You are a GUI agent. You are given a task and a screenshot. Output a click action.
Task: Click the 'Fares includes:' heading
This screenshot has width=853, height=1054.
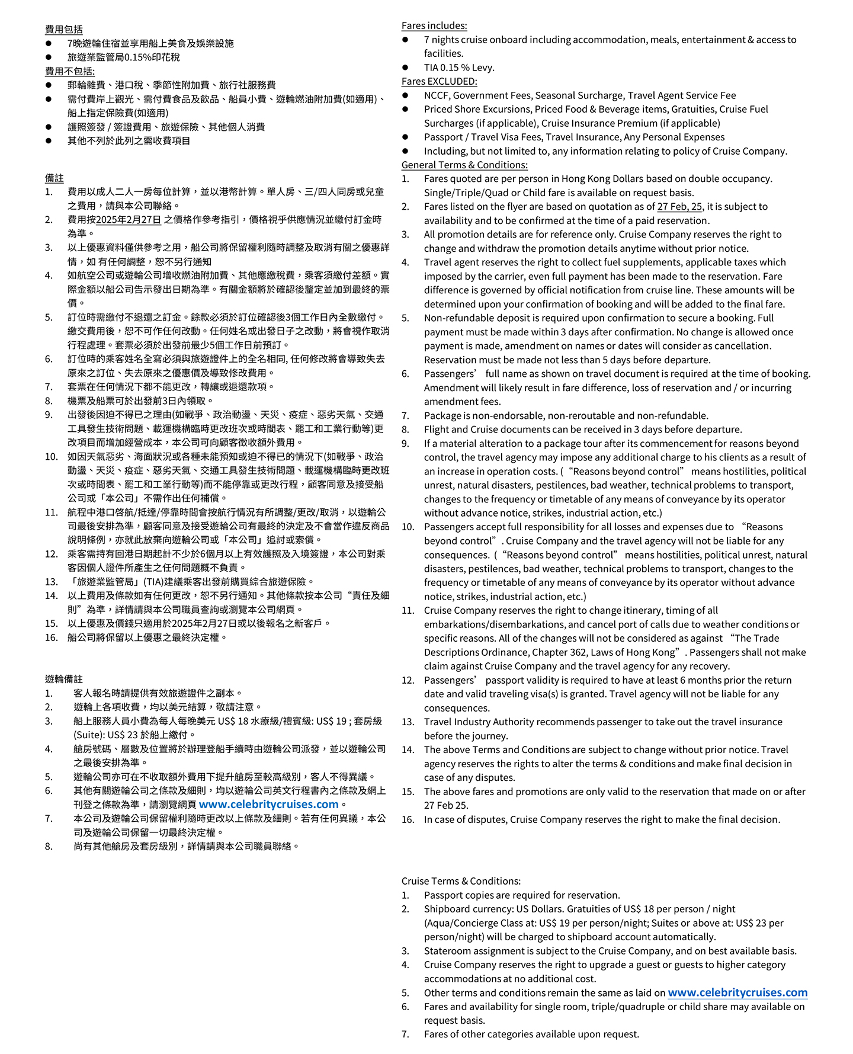click(434, 25)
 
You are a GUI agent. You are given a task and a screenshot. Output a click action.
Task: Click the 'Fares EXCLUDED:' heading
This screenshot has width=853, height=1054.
click(439, 81)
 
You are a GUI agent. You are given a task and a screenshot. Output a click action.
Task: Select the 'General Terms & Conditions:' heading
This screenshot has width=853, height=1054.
click(464, 165)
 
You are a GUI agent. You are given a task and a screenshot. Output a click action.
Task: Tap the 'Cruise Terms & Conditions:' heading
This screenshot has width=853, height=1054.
click(461, 881)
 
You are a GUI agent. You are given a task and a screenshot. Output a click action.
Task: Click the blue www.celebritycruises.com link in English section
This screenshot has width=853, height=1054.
click(737, 992)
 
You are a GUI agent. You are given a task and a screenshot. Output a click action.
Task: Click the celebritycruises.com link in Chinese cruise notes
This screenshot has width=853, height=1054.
click(268, 805)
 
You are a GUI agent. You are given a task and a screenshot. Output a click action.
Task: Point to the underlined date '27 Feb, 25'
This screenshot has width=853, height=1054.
click(679, 207)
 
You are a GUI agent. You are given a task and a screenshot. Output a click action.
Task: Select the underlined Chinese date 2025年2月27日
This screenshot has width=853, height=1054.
click(129, 220)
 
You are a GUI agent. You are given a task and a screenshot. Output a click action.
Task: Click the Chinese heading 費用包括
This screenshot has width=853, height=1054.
click(64, 29)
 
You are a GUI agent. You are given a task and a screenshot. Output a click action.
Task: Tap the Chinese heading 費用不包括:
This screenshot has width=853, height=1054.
click(70, 71)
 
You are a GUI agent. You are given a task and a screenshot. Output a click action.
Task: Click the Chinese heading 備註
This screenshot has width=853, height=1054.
click(54, 178)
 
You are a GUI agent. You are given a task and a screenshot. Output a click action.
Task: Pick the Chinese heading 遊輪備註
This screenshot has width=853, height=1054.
click(64, 679)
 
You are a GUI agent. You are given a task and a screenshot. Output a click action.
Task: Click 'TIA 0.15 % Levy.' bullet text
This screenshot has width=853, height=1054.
click(459, 68)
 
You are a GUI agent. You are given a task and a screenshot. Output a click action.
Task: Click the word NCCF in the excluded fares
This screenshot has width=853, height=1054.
click(437, 95)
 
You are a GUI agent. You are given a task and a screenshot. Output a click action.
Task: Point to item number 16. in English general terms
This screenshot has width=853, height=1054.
click(408, 819)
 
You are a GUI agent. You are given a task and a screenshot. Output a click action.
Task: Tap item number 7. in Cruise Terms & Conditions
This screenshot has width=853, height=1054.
click(405, 1034)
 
